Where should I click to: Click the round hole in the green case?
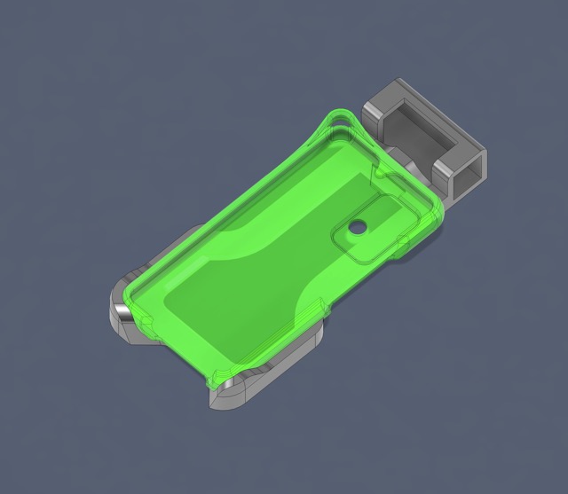357,227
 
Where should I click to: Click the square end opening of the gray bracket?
467,174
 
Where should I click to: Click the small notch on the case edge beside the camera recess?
404,240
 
